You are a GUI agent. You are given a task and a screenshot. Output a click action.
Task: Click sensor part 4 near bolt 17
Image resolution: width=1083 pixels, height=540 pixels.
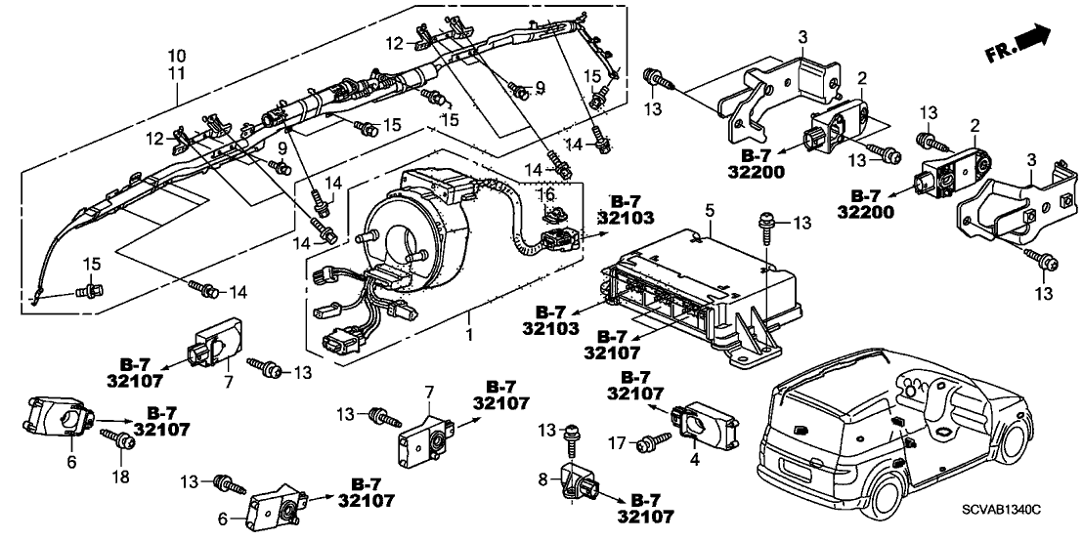pyautogui.click(x=708, y=422)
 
